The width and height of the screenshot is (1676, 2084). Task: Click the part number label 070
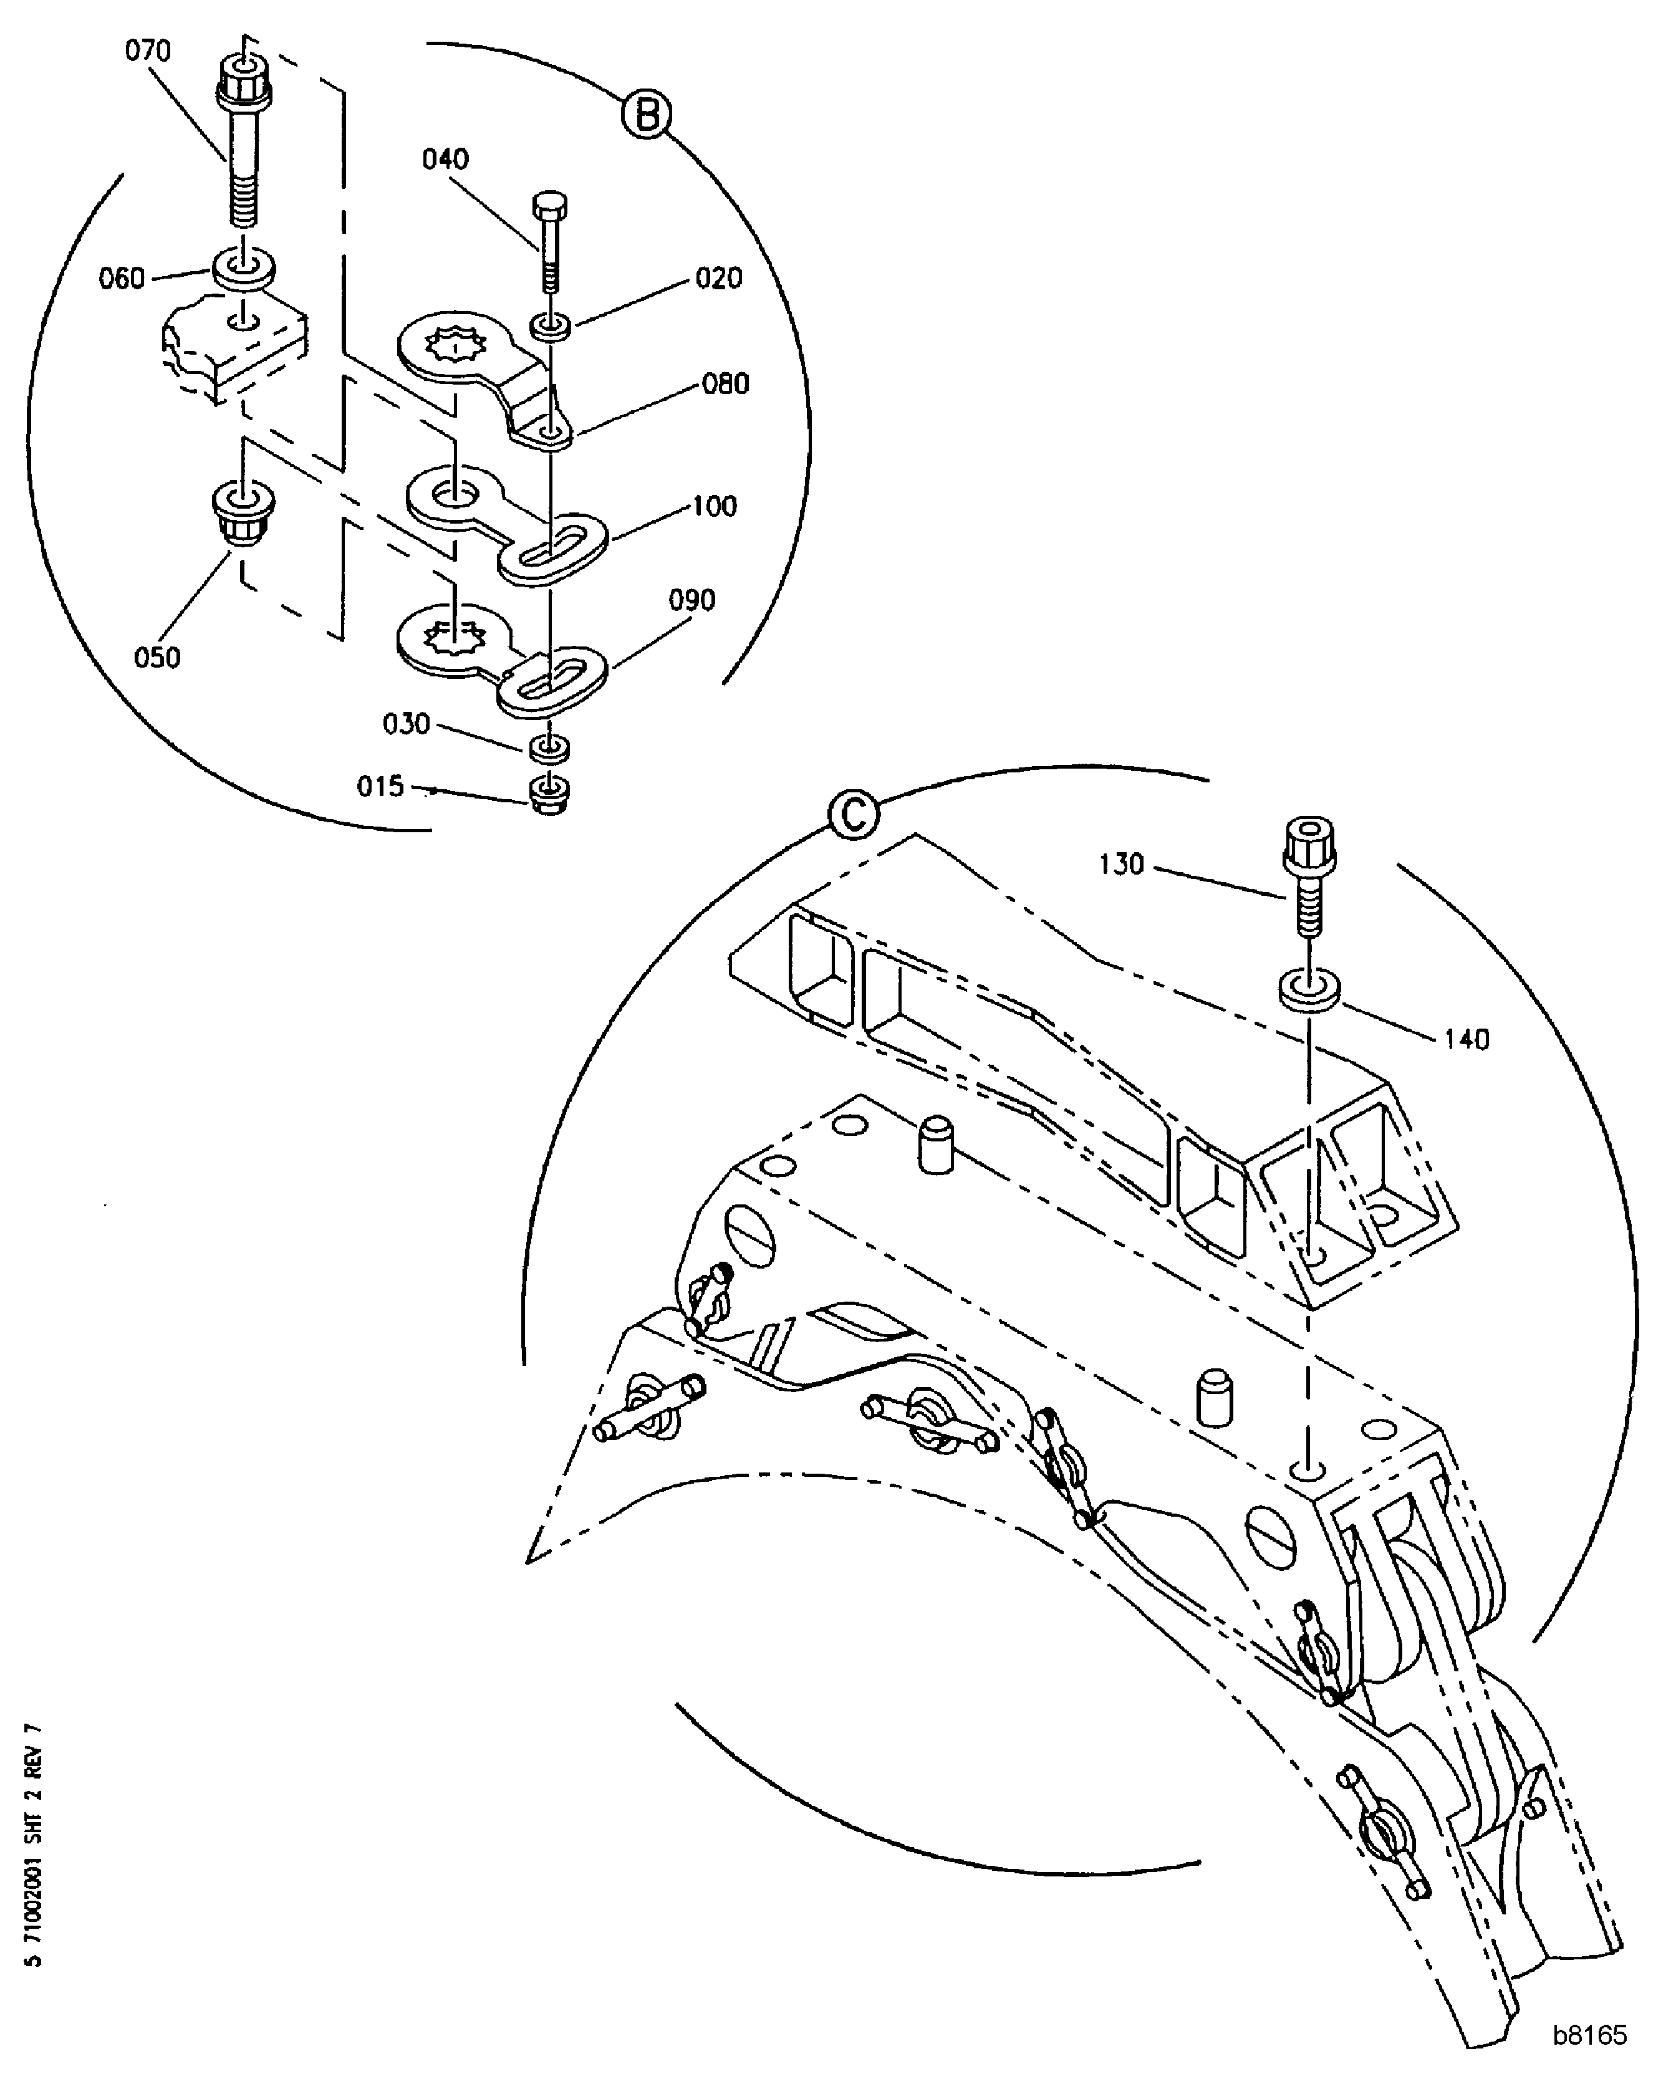click(148, 50)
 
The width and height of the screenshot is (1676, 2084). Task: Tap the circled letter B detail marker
click(647, 116)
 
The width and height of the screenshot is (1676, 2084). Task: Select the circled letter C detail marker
click(854, 814)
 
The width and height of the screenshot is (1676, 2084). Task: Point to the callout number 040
click(446, 158)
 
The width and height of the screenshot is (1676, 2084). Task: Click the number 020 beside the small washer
click(719, 279)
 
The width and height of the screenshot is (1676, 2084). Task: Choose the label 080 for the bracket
click(726, 384)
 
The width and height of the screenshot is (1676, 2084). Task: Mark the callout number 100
click(715, 506)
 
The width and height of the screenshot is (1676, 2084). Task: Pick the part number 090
click(692, 600)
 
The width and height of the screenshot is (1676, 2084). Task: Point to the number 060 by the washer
click(122, 279)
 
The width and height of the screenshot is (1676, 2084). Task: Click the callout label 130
click(1121, 864)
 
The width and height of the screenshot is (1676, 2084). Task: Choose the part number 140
click(1467, 1039)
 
